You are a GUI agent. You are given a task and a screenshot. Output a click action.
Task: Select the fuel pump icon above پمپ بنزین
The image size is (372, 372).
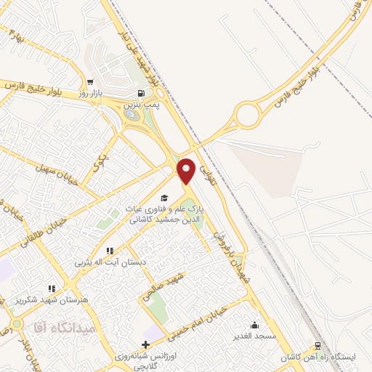tap(140, 93)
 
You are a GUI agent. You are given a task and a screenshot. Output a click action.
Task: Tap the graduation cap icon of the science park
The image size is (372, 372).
tap(164, 198)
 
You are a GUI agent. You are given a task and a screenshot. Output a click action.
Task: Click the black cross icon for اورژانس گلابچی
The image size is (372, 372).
tap(146, 344)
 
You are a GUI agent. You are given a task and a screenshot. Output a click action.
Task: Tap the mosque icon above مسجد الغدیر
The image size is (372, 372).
tap(255, 325)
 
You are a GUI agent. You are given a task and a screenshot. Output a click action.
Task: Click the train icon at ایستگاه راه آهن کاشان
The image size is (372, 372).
tap(317, 347)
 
